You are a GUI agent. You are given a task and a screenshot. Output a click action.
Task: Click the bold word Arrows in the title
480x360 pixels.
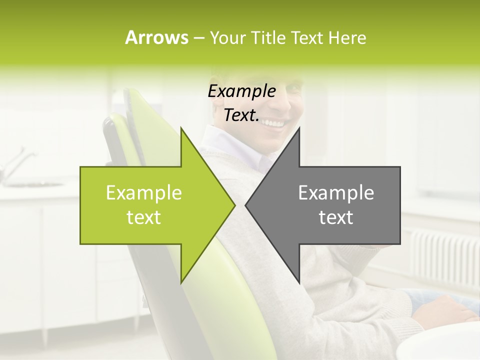(x=156, y=37)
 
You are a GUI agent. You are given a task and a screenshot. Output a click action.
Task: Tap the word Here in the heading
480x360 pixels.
(x=347, y=37)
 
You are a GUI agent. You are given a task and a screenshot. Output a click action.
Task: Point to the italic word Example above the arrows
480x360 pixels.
(x=241, y=91)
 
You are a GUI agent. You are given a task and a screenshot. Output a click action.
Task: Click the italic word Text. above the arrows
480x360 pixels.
(x=241, y=115)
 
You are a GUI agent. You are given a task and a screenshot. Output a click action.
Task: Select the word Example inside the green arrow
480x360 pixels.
(x=144, y=193)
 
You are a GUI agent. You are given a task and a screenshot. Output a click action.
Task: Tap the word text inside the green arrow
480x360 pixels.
(x=144, y=217)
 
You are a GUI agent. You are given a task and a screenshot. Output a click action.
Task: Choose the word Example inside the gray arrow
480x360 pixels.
(x=336, y=193)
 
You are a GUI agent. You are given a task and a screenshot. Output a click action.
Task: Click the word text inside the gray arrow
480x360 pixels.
(x=336, y=217)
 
